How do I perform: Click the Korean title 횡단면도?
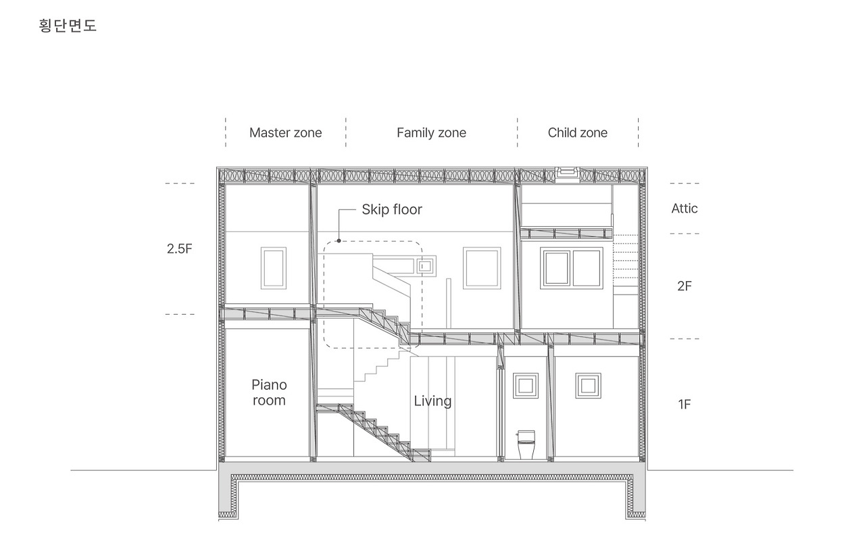[x=68, y=25]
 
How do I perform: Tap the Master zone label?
[x=285, y=133]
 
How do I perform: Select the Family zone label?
[x=431, y=133]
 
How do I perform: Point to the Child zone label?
[x=577, y=133]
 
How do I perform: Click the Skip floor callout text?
[x=392, y=209]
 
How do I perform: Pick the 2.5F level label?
[x=179, y=249]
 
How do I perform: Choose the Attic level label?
[x=685, y=209]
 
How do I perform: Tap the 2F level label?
[x=685, y=286]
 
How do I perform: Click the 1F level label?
[x=685, y=404]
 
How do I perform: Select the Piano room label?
[x=269, y=392]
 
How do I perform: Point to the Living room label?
[x=432, y=401]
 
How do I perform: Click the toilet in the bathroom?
[x=526, y=445]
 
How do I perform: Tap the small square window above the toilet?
[x=526, y=386]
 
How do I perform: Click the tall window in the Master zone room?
[x=274, y=268]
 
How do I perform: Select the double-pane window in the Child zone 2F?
[x=572, y=268]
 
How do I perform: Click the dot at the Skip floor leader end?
[x=339, y=241]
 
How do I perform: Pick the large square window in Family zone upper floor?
[x=482, y=268]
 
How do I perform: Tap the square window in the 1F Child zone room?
[x=588, y=386]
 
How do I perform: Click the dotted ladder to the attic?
[x=626, y=256]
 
